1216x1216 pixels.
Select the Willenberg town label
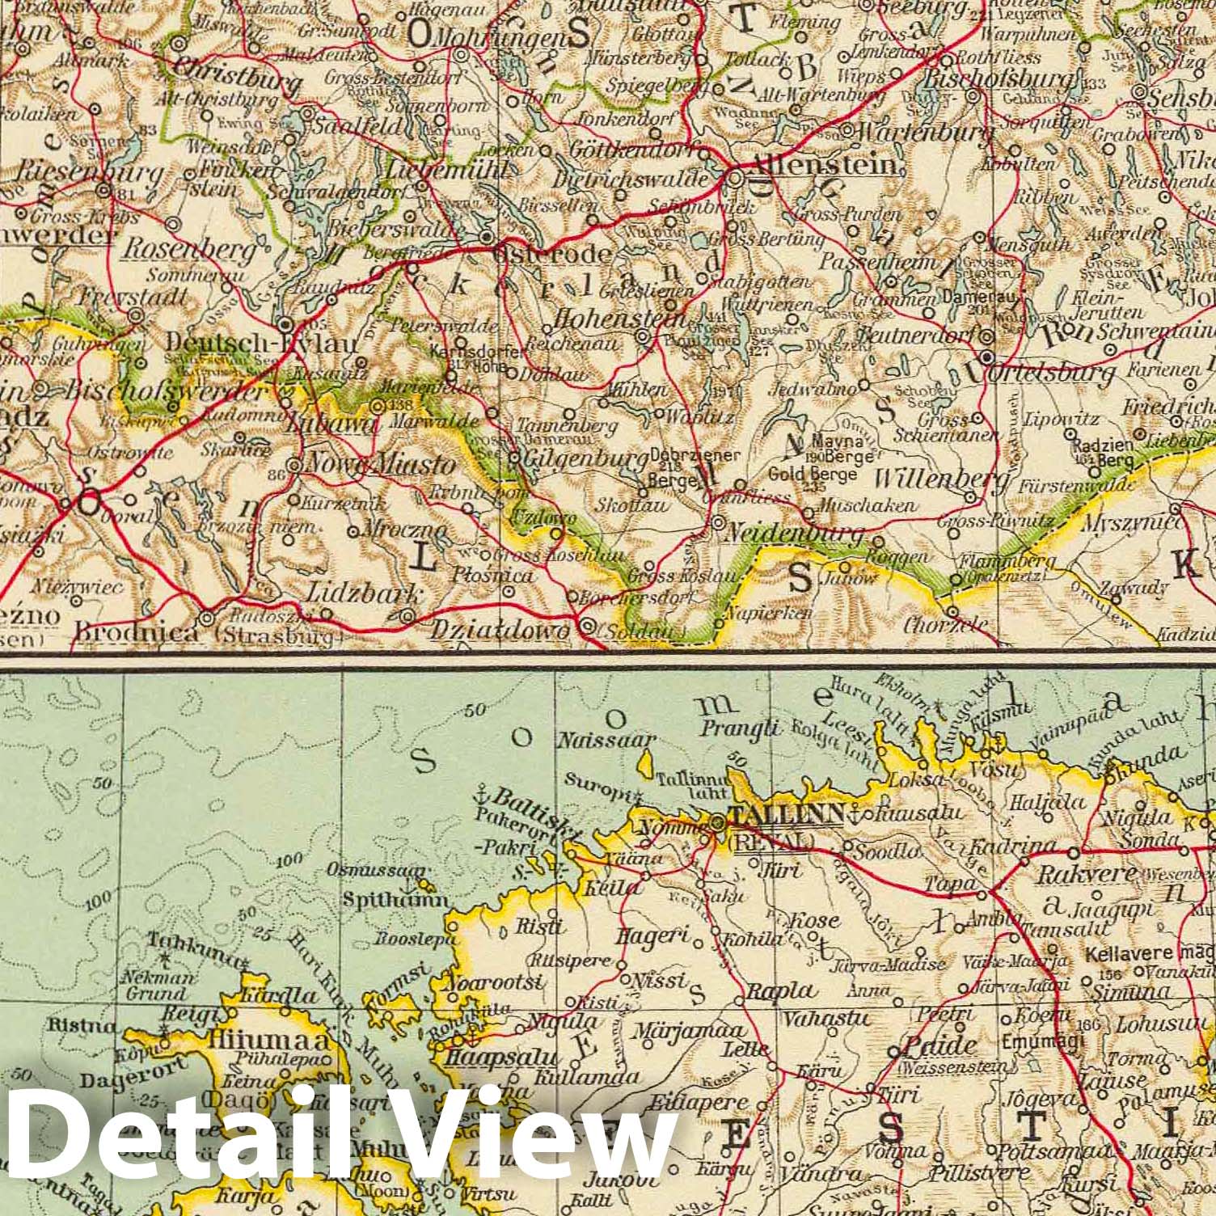(942, 479)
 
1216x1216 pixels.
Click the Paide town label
(937, 1045)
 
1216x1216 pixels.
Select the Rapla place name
(781, 990)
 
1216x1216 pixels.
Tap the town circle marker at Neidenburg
(719, 523)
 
